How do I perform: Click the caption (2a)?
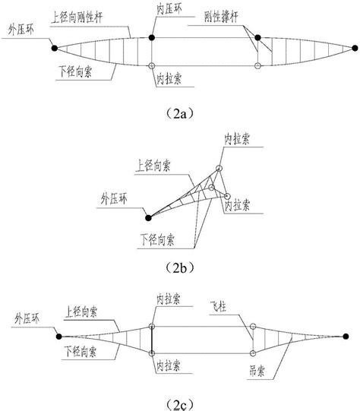coord(180,114)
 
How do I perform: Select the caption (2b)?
coord(180,268)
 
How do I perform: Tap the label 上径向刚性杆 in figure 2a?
coord(77,17)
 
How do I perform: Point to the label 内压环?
coord(169,9)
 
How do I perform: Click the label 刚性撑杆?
coord(222,17)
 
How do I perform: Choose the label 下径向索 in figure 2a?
coord(75,71)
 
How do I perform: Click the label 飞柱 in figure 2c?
coord(218,306)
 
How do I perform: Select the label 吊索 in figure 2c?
coord(257,371)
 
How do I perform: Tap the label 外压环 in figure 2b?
coord(114,199)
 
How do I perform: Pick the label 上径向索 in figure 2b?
coord(153,166)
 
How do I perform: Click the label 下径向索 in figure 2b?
coord(157,239)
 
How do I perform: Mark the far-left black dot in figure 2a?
coord(55,48)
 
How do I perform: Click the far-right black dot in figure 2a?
coord(355,48)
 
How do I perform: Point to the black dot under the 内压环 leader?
coord(152,38)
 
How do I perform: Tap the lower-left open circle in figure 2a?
coord(152,66)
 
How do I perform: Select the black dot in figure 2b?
coord(148,218)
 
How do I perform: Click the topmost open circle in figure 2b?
coord(219,168)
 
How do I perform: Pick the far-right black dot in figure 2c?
coord(346,337)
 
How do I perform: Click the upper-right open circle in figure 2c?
coord(253,327)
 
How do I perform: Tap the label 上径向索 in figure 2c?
coord(81,312)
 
